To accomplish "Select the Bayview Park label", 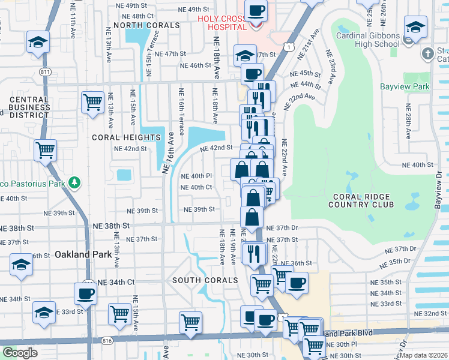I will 405,86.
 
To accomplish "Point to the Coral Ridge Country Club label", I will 361,200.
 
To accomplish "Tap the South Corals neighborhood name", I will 205,280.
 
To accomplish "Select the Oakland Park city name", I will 84,254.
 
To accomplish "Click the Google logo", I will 20,353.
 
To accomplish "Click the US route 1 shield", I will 289,47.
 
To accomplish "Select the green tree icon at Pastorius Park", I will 74,181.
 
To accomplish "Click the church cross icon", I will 427,53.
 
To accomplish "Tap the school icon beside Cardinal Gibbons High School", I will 415,28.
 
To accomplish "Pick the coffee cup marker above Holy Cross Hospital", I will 256,10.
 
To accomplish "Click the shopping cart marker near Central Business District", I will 92,102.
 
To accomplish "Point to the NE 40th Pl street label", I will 197,176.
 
